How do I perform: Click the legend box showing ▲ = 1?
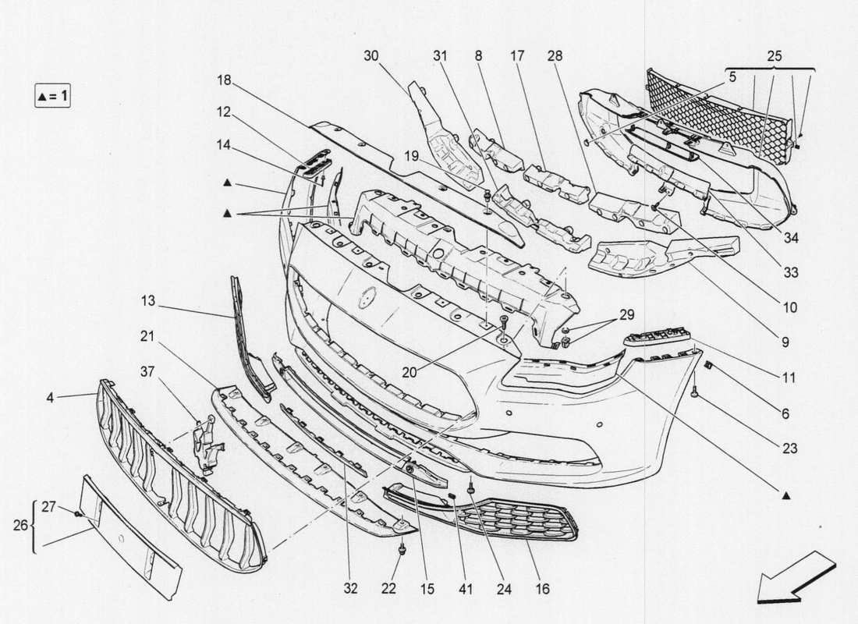coord(52,97)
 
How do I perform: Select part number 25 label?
coord(774,57)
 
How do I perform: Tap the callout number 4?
coord(51,398)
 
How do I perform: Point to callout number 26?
coord(21,526)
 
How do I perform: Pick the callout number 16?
coord(543,589)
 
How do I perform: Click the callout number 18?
coord(225,80)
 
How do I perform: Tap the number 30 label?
coord(371,55)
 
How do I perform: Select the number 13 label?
coord(149,300)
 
